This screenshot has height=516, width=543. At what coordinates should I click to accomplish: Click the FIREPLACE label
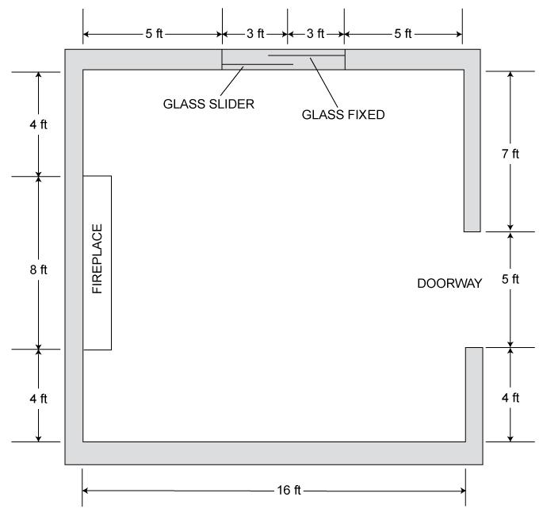(x=98, y=259)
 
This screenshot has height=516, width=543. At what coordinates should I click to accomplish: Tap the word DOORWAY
(x=449, y=283)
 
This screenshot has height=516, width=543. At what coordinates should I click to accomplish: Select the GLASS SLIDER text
(x=208, y=103)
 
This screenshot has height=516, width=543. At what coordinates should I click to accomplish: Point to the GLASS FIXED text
(x=343, y=114)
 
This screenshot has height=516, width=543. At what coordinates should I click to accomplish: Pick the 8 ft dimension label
(x=38, y=269)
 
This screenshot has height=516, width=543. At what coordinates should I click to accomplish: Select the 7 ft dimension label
(x=510, y=154)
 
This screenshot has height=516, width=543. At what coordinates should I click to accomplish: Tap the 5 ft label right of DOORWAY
(x=510, y=279)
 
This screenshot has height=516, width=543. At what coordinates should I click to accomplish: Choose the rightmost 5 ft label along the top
(x=403, y=33)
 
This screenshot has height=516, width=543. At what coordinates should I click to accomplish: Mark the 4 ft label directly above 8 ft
(x=38, y=125)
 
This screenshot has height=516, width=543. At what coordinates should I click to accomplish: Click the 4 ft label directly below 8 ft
(x=38, y=398)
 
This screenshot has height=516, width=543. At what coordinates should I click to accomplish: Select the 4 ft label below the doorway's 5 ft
(x=510, y=398)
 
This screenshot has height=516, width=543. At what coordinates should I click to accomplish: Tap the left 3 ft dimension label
(x=254, y=33)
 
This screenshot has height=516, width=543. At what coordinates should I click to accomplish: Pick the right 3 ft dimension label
(x=315, y=33)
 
